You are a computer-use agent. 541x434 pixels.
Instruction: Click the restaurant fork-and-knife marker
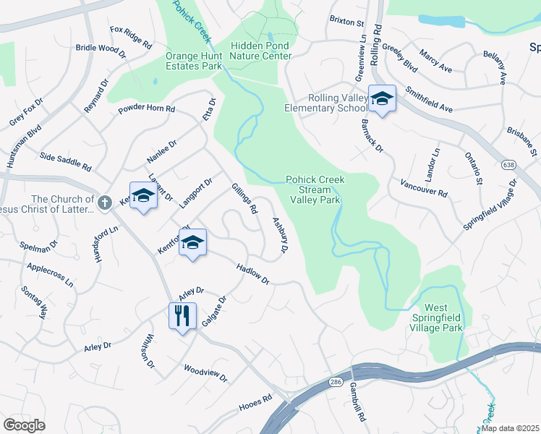coord(182,315)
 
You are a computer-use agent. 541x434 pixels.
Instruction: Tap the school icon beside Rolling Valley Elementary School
coord(382,98)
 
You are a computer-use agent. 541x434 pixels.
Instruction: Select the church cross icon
coord(105,202)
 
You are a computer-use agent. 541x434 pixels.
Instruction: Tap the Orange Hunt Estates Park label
coord(193,60)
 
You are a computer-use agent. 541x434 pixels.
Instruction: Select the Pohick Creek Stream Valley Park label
coord(315,190)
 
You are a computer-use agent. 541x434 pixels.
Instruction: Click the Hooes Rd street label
coord(255,404)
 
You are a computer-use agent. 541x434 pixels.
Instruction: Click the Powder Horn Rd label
coord(147,110)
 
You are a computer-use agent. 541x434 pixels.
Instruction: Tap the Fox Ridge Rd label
coord(131,38)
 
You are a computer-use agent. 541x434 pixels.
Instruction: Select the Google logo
coord(25,425)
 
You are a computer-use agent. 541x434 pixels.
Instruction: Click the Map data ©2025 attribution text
coord(510,428)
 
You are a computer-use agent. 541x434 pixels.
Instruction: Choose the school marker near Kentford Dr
coord(193,242)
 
